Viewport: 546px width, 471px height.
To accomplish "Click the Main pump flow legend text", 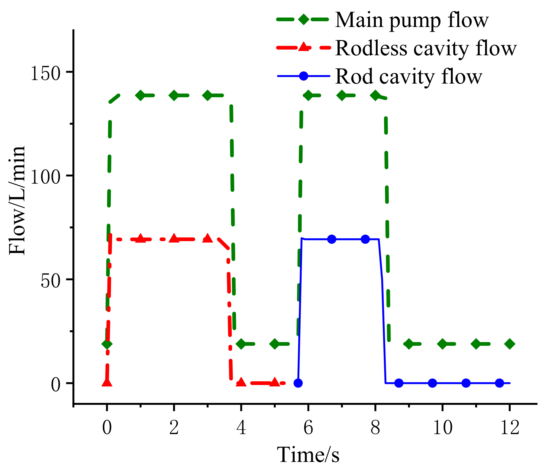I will [x=412, y=20].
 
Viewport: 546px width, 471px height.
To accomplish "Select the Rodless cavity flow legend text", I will [x=426, y=49].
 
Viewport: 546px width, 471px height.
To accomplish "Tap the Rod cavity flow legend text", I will [x=408, y=77].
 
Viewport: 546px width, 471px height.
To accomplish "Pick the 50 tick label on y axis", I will [x=51, y=281].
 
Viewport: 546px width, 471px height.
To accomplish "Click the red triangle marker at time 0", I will [x=107, y=382].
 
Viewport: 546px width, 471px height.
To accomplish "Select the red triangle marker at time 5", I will [x=275, y=382].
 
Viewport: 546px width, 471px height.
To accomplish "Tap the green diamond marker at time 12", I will [x=510, y=344].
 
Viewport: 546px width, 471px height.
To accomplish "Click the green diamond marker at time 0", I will [x=107, y=344].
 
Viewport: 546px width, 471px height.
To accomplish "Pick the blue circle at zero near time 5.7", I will [x=298, y=383].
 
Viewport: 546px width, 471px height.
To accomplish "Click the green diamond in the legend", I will [x=303, y=19].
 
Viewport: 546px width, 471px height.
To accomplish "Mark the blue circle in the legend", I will [x=303, y=76].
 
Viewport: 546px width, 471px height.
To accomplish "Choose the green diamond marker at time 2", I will [x=174, y=95].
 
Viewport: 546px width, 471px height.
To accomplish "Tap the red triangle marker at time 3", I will [x=208, y=238].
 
